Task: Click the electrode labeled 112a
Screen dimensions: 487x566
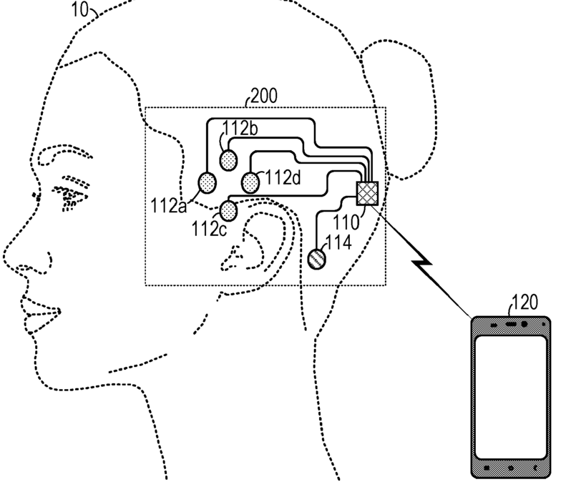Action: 207,183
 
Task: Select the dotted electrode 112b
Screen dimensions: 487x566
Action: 228,158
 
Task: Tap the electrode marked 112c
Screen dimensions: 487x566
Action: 229,210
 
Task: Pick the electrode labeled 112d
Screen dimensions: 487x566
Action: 250,183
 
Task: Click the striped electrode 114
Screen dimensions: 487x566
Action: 317,258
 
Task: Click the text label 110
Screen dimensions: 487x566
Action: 352,223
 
